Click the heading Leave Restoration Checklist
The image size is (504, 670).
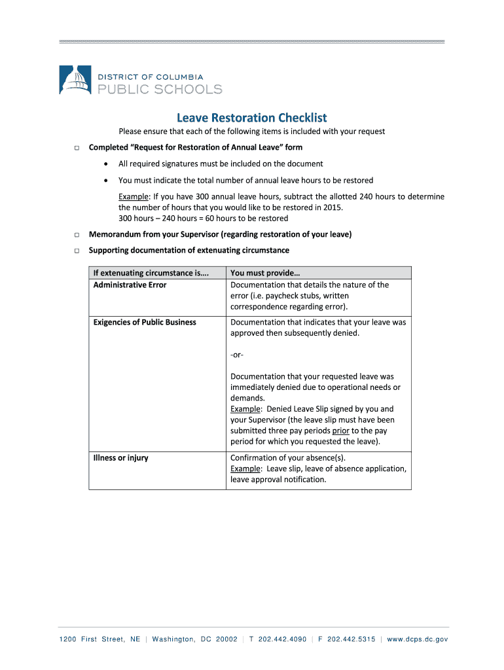click(x=251, y=118)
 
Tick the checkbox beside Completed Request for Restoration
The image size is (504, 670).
click(x=76, y=148)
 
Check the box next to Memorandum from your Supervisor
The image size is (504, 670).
click(x=76, y=235)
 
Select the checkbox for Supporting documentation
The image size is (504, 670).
click(x=76, y=251)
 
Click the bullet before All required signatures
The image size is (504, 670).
click(x=106, y=164)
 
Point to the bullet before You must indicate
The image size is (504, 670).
click(x=106, y=180)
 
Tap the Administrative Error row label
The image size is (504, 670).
click(x=130, y=285)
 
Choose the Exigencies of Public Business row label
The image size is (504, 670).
click(x=145, y=322)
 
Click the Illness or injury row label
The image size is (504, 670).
click(x=120, y=457)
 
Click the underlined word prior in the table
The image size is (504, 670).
click(x=340, y=431)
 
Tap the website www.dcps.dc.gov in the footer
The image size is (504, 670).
click(x=418, y=639)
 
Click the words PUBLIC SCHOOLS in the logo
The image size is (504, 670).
click(x=160, y=89)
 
